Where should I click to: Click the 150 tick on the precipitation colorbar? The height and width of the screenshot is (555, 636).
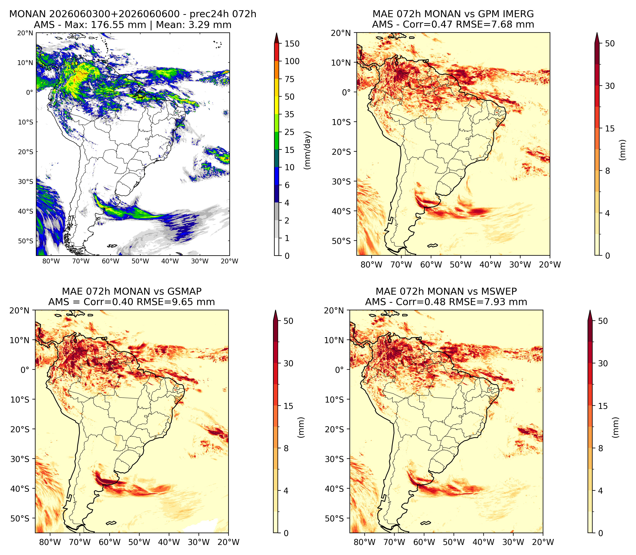click(x=292, y=44)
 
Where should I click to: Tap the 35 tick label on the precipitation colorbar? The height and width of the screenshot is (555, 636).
click(x=289, y=114)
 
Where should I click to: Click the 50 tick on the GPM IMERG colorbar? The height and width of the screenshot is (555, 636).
click(x=610, y=43)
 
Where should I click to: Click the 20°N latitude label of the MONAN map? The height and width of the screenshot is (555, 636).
click(x=25, y=33)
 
